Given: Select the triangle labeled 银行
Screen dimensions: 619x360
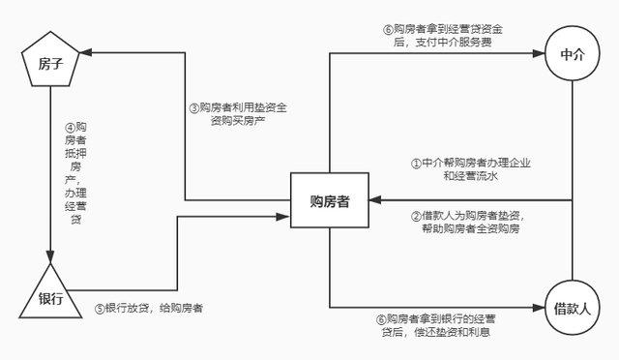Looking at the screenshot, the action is click(50, 294).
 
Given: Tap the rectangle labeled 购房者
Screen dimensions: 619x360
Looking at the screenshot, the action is click(330, 200).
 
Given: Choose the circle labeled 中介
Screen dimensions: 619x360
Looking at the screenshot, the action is click(573, 54).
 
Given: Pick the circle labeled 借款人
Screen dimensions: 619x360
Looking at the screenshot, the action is click(573, 308).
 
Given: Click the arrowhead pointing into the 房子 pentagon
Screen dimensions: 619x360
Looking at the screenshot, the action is click(86, 52).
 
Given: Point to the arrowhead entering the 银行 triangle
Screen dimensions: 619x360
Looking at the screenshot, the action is click(50, 256).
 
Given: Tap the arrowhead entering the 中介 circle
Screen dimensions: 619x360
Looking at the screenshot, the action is click(539, 53).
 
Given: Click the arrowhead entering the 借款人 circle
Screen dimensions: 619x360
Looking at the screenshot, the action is click(539, 308).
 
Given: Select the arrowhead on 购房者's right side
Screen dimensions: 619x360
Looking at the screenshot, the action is click(375, 200).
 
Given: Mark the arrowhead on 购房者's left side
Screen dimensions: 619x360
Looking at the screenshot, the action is click(283, 217).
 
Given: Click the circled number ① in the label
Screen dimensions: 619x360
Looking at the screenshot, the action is click(417, 164).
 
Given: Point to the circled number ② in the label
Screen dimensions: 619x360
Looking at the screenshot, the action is click(417, 216).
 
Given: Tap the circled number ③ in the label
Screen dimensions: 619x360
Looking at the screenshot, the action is click(194, 107).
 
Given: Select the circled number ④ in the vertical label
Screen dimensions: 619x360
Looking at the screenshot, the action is click(70, 128).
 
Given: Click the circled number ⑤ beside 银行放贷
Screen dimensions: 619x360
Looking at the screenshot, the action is click(100, 309).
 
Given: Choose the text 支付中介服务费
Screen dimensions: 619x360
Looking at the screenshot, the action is click(454, 42).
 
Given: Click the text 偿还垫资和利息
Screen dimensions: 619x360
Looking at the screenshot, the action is click(452, 332).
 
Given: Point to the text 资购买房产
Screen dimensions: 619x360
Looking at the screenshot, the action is click(238, 121).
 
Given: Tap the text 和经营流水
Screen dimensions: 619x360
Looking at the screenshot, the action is click(471, 176).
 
